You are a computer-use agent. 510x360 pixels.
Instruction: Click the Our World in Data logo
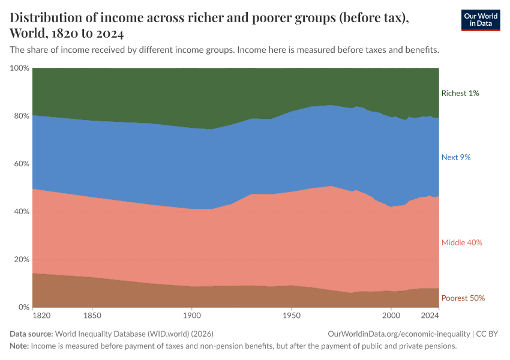pos(480,20)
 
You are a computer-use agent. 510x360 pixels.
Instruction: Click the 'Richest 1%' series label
pos(460,93)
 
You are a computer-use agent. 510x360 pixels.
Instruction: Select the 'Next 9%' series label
pos(456,157)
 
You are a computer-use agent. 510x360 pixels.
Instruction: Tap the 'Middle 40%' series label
pos(461,242)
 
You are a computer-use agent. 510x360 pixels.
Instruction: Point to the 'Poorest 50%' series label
pos(463,298)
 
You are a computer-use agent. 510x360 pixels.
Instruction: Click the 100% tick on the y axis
pos(19,68)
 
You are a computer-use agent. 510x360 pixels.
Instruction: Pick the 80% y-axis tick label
pos(21,116)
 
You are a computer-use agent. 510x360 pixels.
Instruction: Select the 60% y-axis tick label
pos(21,164)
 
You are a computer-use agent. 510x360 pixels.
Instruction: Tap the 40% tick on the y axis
pos(21,212)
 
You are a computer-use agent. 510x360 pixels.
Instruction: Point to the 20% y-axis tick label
pos(21,260)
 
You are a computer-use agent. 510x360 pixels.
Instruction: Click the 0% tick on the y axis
pos(23,307)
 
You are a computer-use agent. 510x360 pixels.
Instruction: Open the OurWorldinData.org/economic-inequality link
pos(399,334)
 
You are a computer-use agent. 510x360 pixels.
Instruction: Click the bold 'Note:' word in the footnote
pos(19,346)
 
